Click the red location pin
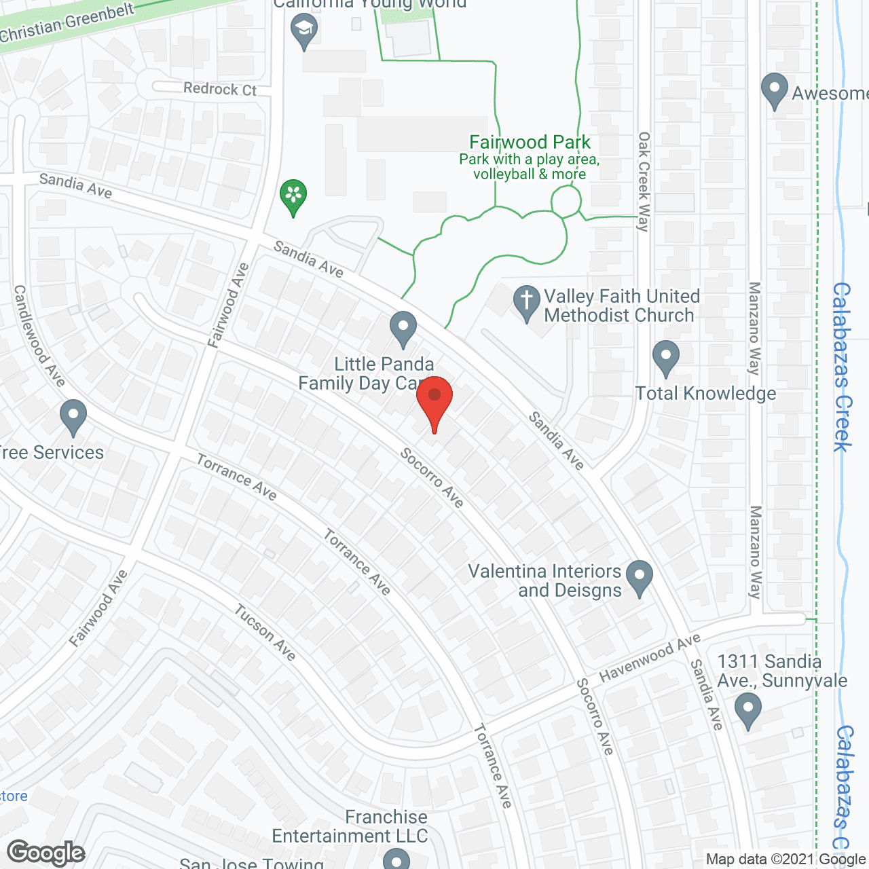[434, 401]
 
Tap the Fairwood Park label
[530, 143]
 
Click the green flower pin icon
[293, 196]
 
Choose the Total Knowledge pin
[665, 357]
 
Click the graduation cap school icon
[304, 31]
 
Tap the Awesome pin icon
[774, 90]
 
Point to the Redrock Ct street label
[220, 89]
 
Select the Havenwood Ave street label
[650, 657]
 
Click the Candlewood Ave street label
[39, 335]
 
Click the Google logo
[46, 853]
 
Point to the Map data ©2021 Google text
[786, 859]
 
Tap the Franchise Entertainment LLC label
[350, 826]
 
